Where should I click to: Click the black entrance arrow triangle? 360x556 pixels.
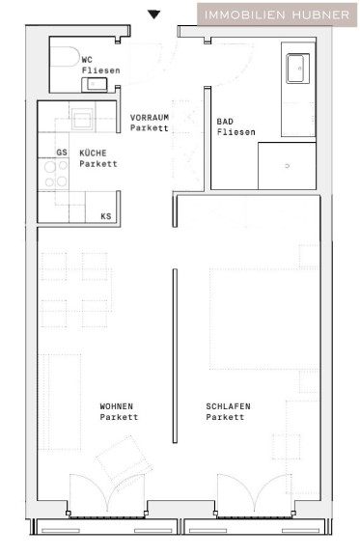(x=153, y=14)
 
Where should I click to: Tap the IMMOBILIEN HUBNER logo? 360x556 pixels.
(x=277, y=14)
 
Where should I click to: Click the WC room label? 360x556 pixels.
(x=87, y=60)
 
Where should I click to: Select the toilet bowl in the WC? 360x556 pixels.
(x=65, y=56)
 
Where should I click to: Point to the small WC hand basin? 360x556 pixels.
(x=95, y=84)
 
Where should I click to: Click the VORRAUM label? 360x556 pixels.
(x=150, y=118)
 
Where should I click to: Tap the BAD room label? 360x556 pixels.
(x=225, y=122)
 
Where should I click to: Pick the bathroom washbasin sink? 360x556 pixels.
(x=297, y=69)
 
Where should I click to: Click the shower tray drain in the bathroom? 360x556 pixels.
(x=288, y=166)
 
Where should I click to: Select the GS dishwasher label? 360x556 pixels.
(x=62, y=153)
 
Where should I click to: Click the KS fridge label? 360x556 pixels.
(x=106, y=216)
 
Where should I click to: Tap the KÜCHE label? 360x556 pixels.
(x=93, y=153)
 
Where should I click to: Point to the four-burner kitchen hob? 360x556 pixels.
(x=53, y=174)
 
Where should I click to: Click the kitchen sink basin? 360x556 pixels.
(x=82, y=119)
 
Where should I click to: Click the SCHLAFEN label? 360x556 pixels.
(x=228, y=406)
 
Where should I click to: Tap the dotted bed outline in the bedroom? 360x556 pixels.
(x=263, y=320)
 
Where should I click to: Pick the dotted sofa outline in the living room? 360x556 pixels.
(x=60, y=402)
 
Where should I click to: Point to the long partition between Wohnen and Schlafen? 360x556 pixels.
(x=175, y=355)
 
